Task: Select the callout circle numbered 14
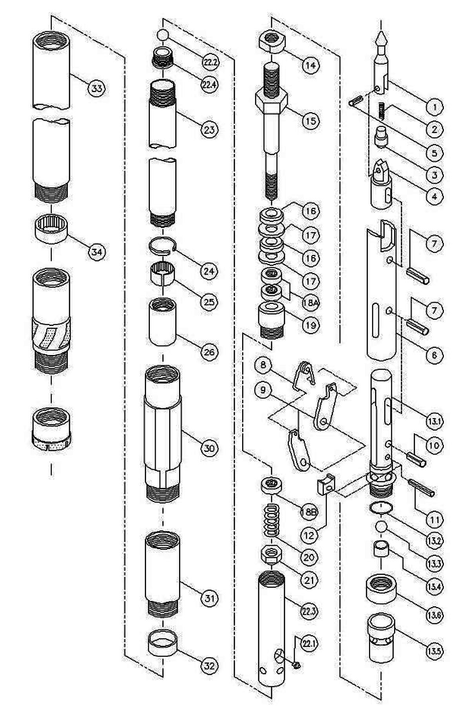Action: click(x=310, y=65)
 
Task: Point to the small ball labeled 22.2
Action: click(x=162, y=35)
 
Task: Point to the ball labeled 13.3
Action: click(x=382, y=525)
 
